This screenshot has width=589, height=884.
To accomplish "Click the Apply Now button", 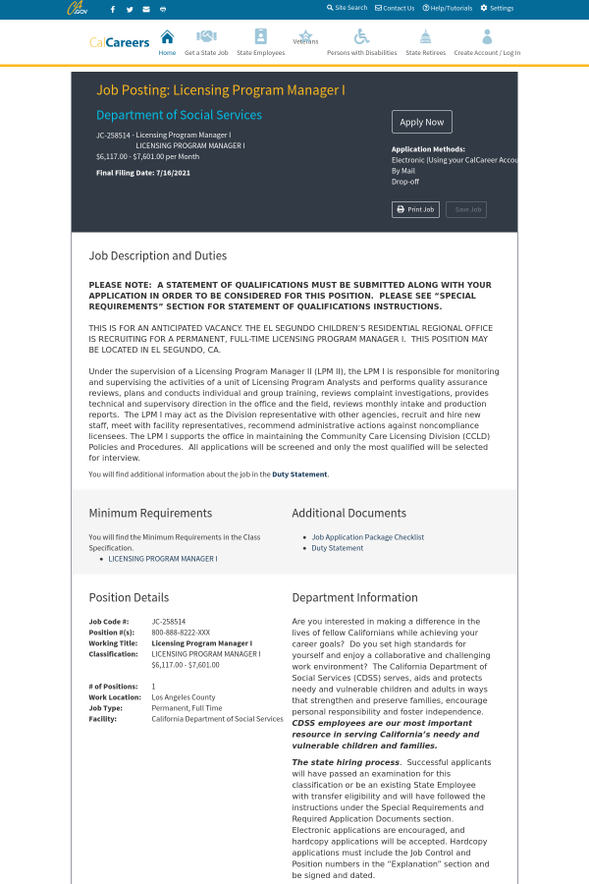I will (x=422, y=122).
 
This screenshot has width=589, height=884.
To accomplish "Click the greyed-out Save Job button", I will (x=466, y=209).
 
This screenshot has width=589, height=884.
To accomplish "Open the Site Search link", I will (x=348, y=8).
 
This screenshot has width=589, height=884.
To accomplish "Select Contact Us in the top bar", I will (x=396, y=8).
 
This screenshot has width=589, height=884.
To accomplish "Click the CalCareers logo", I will (x=120, y=42).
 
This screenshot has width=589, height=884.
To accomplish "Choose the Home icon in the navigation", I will (x=167, y=41).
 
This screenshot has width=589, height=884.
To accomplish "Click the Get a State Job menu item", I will (x=206, y=41).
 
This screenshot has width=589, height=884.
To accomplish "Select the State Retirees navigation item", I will (x=425, y=41).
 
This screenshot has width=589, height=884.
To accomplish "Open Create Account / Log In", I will (x=487, y=41).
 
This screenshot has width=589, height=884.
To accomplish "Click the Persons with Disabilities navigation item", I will (x=361, y=41).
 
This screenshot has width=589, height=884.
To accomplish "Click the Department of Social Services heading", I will (x=179, y=115).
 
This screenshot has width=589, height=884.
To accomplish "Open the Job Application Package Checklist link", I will (x=368, y=537).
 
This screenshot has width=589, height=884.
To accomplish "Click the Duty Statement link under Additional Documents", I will (x=338, y=548).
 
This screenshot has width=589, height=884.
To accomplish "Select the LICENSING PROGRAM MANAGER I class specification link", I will (x=163, y=558).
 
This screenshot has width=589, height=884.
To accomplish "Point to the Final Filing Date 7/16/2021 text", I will (x=143, y=173).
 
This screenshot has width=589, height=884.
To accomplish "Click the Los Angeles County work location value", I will (x=184, y=697).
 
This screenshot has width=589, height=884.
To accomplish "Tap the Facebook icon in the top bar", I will (x=113, y=9).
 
